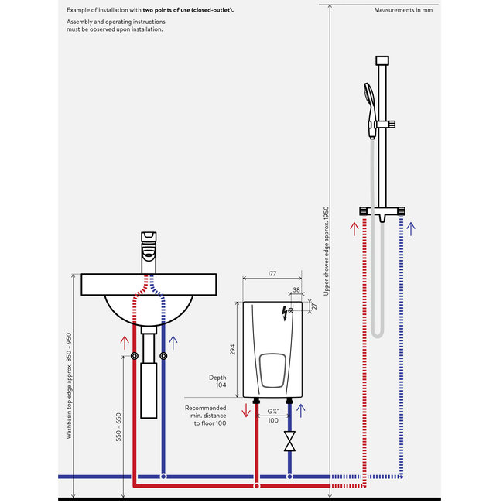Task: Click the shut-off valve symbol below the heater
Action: (289, 442)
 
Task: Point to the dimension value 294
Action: (233, 350)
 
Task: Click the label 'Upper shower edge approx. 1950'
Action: (327, 251)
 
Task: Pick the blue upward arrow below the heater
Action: (299, 410)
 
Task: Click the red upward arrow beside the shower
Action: (354, 229)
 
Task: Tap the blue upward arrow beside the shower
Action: (411, 229)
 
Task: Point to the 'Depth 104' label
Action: (217, 382)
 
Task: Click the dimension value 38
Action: (298, 292)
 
